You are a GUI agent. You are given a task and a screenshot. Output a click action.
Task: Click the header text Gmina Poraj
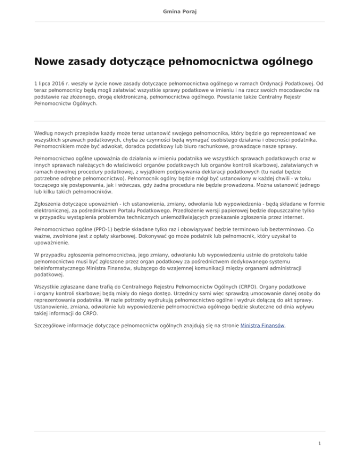pyautogui.click(x=180, y=11)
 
